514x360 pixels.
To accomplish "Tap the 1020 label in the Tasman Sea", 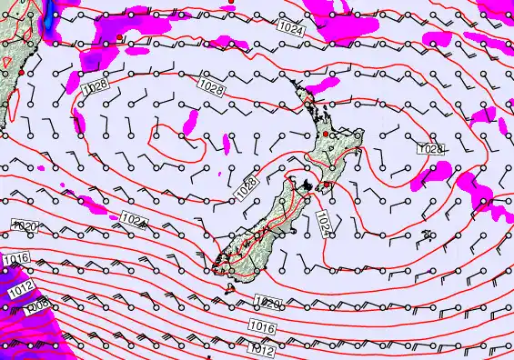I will click(x=24, y=225).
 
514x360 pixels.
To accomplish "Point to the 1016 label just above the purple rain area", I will click(x=16, y=261).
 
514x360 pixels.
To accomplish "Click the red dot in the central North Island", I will click(x=326, y=134).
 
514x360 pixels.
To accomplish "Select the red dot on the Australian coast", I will click(x=20, y=72).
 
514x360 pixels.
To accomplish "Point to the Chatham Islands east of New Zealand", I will click(x=426, y=235).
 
